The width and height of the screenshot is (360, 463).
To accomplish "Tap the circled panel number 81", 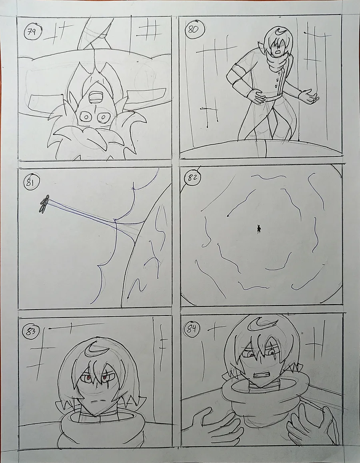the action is (x=31, y=182).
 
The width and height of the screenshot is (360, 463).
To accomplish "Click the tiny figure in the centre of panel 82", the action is (x=259, y=229).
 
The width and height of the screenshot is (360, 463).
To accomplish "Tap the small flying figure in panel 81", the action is (x=44, y=204).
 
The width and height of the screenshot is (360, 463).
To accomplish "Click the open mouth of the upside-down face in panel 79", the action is (x=96, y=97).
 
